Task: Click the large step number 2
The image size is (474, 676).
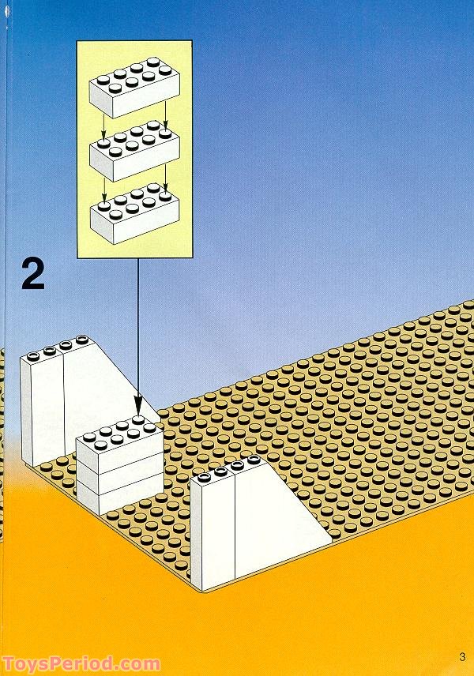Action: point(33,274)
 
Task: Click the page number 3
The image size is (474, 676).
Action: point(461,657)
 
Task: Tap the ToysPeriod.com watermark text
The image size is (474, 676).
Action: point(81,664)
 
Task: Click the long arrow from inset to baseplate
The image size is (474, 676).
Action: point(138,332)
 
